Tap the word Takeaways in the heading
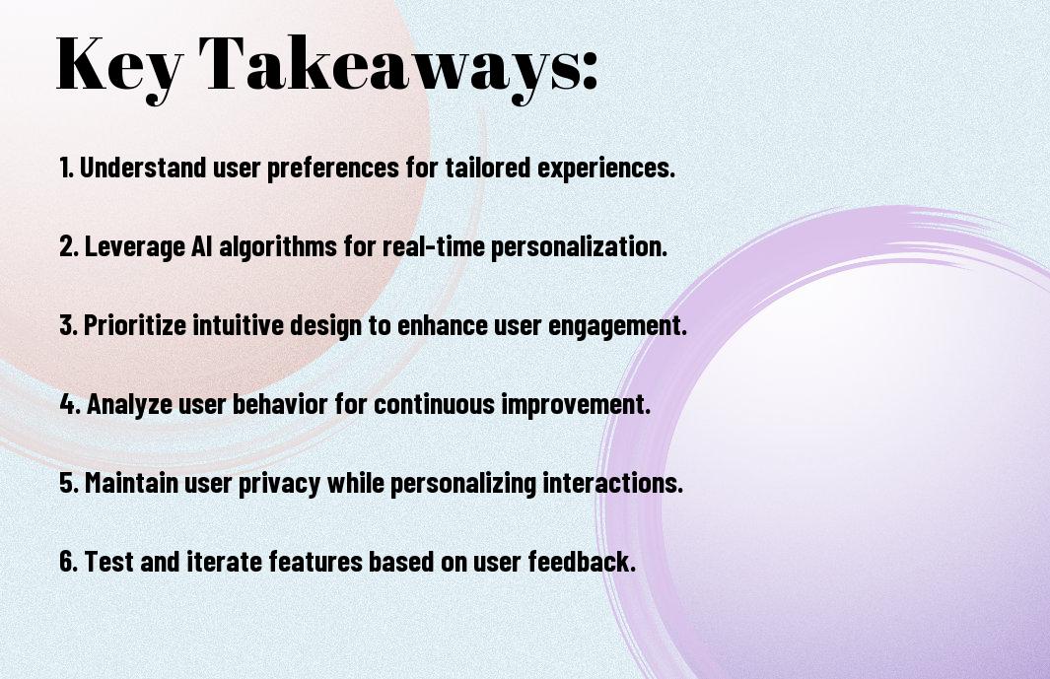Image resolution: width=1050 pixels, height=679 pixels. (x=390, y=66)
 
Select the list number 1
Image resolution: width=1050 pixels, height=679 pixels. (x=66, y=168)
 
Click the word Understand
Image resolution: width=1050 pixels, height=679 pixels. (x=143, y=168)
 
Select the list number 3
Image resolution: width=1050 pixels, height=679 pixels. (x=68, y=325)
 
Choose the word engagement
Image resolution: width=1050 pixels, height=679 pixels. (x=617, y=326)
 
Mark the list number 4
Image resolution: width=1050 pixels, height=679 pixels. (x=70, y=404)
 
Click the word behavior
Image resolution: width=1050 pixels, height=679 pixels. (x=280, y=404)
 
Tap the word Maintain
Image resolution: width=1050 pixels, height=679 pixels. (x=130, y=482)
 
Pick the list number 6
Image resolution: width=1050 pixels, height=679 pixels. (x=68, y=561)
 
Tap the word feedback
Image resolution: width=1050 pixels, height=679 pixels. (x=582, y=561)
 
